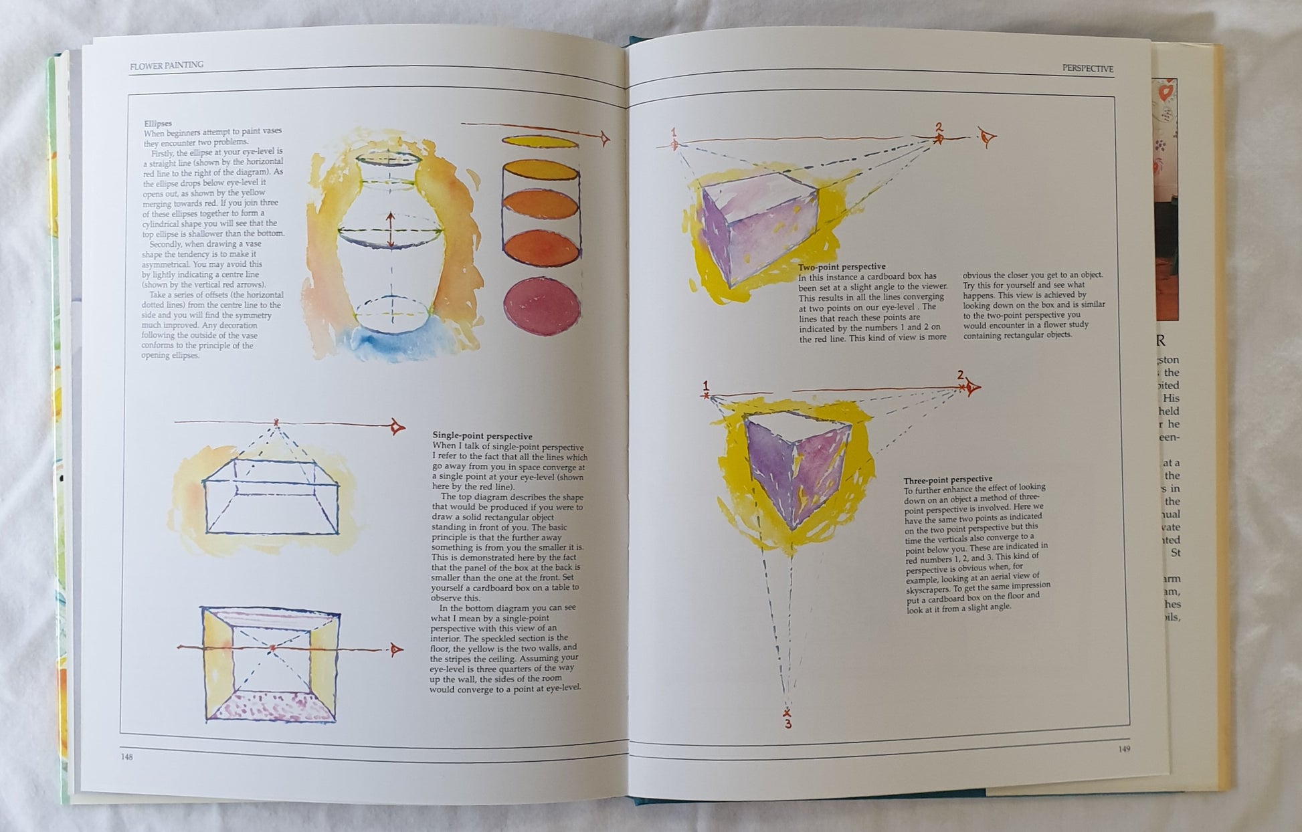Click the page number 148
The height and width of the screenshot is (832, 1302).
click(x=126, y=757)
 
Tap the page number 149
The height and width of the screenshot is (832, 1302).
click(x=1124, y=749)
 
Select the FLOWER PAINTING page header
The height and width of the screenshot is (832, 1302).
click(x=167, y=66)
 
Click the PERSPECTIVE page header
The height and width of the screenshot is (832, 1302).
click(x=1088, y=68)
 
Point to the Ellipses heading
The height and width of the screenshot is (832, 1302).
click(x=158, y=124)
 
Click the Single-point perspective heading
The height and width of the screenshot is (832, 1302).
click(x=482, y=436)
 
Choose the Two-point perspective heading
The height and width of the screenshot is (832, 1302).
click(x=842, y=267)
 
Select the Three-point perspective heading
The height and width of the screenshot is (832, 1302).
click(x=948, y=480)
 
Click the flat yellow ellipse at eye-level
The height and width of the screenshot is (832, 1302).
click(x=540, y=142)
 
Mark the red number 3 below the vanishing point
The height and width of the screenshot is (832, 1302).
click(x=788, y=724)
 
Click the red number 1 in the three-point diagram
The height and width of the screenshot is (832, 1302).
click(x=705, y=385)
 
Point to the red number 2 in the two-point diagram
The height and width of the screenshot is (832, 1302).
click(x=939, y=126)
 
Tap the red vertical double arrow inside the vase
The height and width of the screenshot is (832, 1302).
click(x=391, y=231)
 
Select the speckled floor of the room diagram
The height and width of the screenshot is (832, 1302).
click(x=271, y=706)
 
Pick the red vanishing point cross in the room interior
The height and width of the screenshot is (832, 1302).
click(x=272, y=648)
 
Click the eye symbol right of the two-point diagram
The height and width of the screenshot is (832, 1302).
click(x=988, y=138)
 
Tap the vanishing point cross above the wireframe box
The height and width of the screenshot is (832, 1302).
click(x=276, y=423)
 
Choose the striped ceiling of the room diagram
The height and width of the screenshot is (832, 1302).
click(x=270, y=618)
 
